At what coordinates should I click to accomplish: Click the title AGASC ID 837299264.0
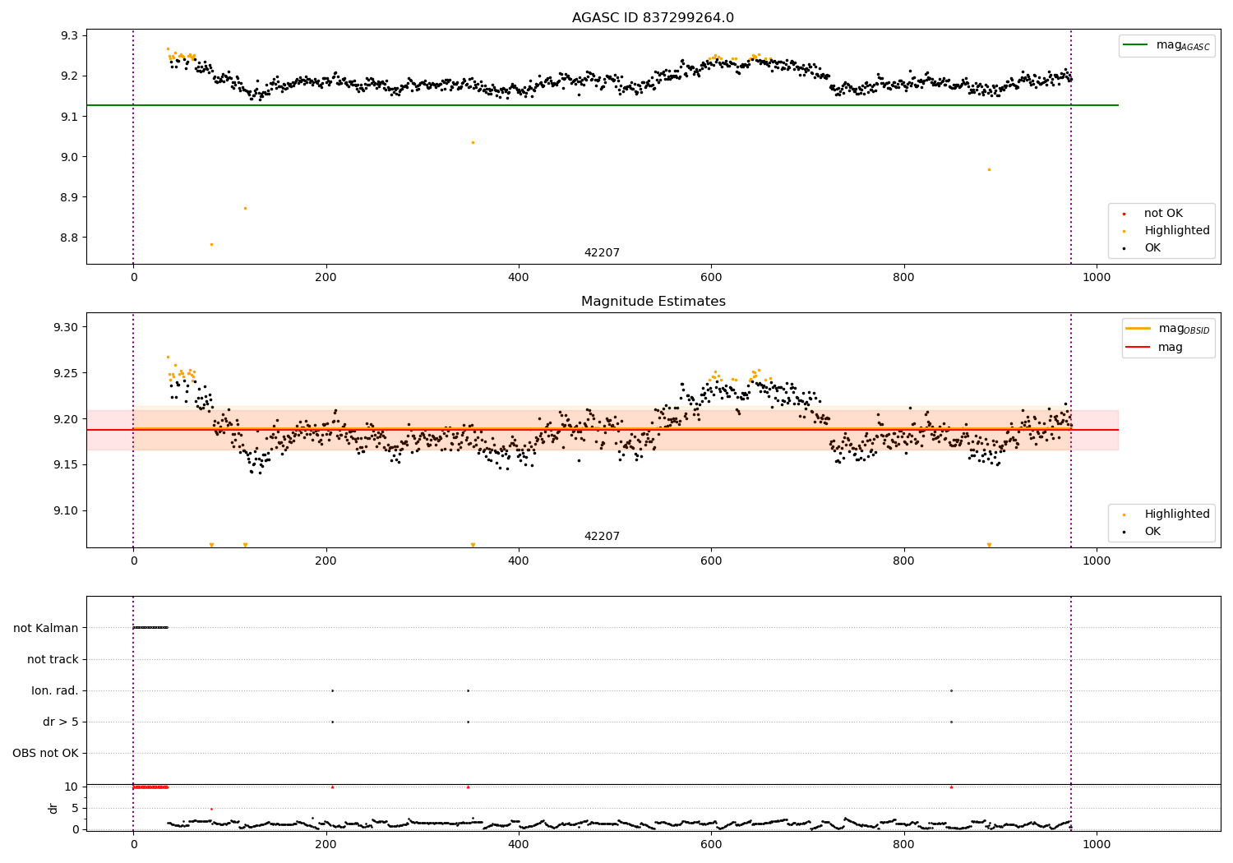coord(653,18)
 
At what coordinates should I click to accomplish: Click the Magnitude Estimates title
coord(653,302)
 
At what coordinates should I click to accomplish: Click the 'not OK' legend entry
coord(1163,214)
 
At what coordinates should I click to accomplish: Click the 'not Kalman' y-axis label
coord(46,628)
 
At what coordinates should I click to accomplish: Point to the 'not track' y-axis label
coord(53,659)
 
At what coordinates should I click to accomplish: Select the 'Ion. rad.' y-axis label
coord(55,690)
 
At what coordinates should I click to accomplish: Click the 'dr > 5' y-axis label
coord(61,722)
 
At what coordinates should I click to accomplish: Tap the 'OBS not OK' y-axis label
coord(45,753)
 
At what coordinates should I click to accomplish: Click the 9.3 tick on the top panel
coord(68,35)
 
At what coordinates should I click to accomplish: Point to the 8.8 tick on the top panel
coord(68,238)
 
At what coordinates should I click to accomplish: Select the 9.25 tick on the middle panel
coord(65,373)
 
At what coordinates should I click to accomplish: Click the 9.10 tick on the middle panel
coord(65,510)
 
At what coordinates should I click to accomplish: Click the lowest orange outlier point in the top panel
coord(211,244)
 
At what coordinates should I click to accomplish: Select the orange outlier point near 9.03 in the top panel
coord(473,142)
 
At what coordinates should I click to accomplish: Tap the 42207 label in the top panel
coord(602,253)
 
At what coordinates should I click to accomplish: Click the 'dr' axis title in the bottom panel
coord(53,808)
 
